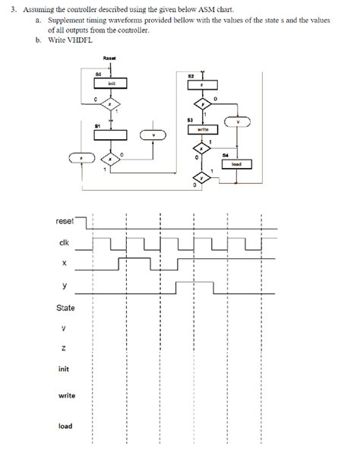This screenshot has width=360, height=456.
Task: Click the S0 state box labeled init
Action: pos(111,84)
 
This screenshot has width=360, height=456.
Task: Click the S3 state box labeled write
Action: pos(202,131)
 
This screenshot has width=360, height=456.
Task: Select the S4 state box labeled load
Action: pos(235,164)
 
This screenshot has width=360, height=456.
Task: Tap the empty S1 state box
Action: pos(111,135)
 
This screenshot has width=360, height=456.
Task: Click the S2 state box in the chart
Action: pos(202,85)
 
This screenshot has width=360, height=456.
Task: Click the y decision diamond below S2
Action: pos(202,103)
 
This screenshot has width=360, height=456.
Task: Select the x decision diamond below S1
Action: pos(111,160)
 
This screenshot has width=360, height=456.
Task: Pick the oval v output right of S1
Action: pos(154,137)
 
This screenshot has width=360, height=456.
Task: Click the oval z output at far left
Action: pos(81,160)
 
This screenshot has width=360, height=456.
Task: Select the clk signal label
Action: pos(65,242)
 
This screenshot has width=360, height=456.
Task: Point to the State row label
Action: pos(65,308)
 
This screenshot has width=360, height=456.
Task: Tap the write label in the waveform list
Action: pos(66,396)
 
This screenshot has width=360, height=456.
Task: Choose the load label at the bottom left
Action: pos(65,426)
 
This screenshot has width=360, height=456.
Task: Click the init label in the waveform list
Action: pos(65,369)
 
